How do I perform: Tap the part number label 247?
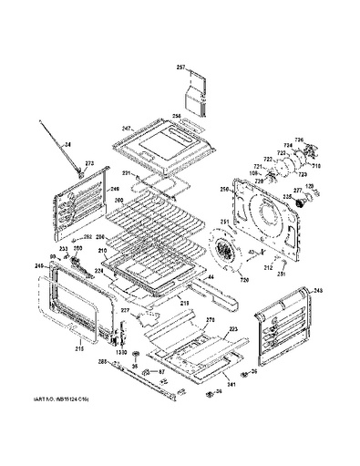(x=128, y=129)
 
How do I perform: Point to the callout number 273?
(x=88, y=163)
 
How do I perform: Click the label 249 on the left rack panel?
(x=116, y=190)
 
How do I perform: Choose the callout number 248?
(x=318, y=291)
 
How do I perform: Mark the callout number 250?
(x=224, y=190)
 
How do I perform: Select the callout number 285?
(x=103, y=363)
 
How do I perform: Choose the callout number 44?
(x=211, y=276)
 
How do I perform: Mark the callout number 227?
(x=126, y=310)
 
